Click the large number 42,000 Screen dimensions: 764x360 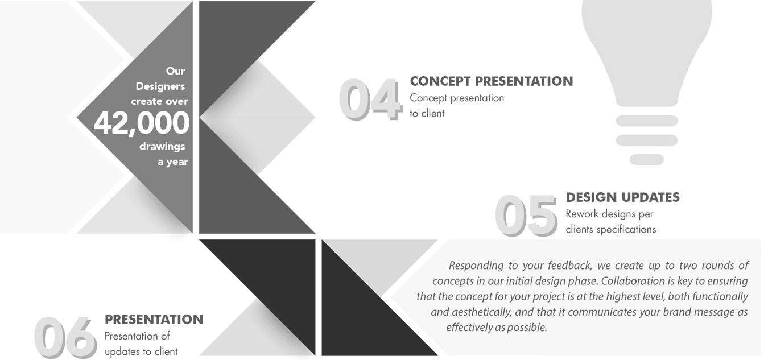pos(141,123)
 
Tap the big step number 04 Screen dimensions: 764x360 pos(371,100)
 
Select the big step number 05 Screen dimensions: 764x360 pos(526,216)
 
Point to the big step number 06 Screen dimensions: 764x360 pos(65,337)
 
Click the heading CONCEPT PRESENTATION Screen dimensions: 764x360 pos(492,81)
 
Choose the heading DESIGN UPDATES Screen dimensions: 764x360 pos(623,197)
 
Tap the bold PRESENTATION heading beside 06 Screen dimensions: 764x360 pos(154,320)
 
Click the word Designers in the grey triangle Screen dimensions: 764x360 pos(160,86)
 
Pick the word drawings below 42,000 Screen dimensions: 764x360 pos(162,147)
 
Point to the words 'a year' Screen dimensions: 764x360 pos(173,162)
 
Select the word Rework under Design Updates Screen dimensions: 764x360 pos(582,214)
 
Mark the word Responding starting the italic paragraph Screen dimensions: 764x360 pos(476,266)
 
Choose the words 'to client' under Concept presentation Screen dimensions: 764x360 pos(427,113)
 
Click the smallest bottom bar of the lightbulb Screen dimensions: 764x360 pos(647,160)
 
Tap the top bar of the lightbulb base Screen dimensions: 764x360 pos(647,121)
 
